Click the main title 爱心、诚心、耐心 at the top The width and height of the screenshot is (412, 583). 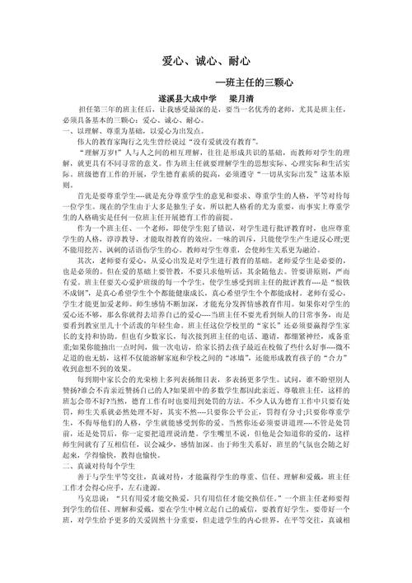click(x=205, y=62)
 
